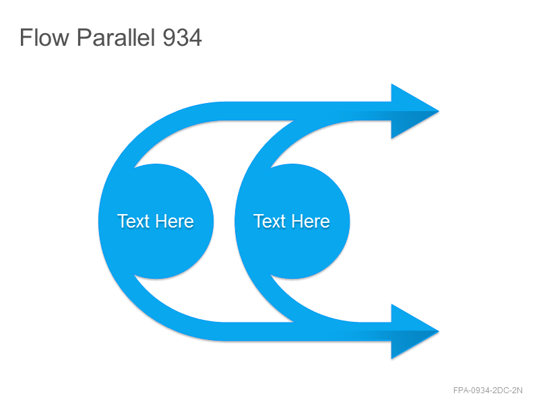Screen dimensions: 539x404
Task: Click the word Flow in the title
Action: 44,37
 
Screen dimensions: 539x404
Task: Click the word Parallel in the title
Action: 115,37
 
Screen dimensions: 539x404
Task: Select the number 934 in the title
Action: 182,38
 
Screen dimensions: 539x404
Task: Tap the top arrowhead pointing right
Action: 415,111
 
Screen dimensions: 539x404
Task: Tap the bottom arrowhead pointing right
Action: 415,331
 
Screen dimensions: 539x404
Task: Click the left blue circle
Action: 156,222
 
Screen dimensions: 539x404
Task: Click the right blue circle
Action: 292,222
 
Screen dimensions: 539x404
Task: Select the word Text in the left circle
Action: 133,221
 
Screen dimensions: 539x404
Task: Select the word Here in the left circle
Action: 175,221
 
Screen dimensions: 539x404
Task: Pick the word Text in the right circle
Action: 269,221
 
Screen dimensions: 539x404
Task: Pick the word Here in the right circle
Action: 311,221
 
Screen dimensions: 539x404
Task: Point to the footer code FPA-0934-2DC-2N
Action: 488,391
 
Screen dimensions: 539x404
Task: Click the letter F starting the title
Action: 26,38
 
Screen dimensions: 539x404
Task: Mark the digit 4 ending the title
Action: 195,38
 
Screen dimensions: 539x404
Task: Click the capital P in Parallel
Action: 84,38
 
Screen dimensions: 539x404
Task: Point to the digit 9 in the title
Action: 169,38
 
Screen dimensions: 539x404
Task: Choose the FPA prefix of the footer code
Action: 460,391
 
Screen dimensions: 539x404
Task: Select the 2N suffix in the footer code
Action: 517,391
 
